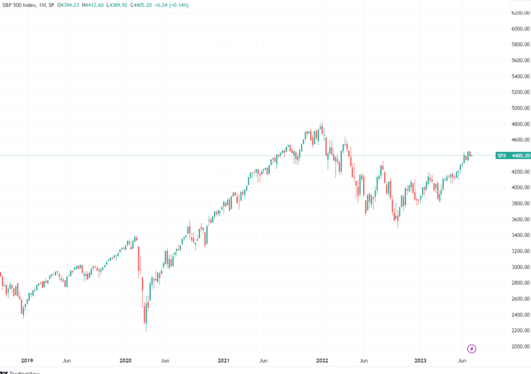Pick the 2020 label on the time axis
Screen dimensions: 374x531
click(125, 360)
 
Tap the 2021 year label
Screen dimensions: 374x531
click(224, 360)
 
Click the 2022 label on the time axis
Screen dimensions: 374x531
click(322, 360)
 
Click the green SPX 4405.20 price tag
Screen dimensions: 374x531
click(512, 156)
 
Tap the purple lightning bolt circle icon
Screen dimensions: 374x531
click(472, 349)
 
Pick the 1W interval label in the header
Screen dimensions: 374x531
click(44, 5)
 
